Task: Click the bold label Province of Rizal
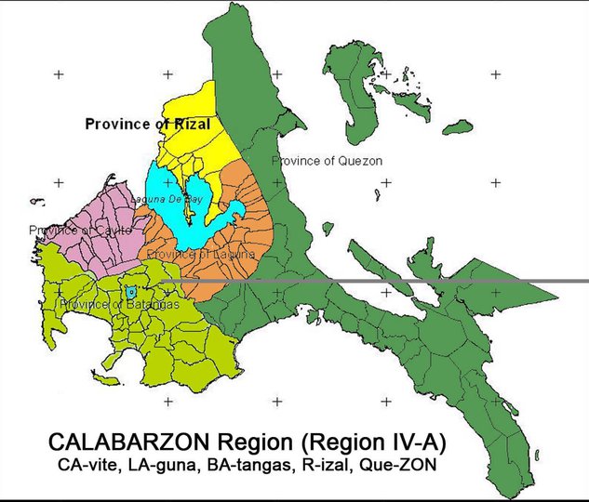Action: [147, 124]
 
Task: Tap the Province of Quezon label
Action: [327, 161]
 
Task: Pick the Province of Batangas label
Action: [119, 305]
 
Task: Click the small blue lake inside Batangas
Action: [131, 292]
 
